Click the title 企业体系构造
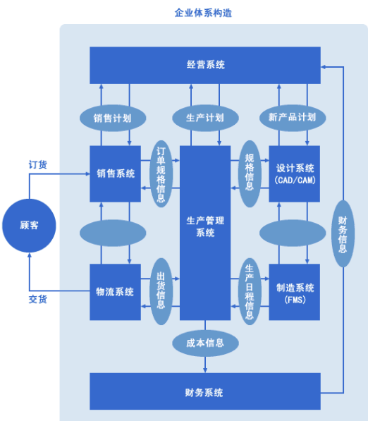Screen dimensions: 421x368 (x=204, y=13)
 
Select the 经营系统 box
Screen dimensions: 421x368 (x=205, y=65)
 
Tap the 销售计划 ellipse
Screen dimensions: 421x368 (x=113, y=117)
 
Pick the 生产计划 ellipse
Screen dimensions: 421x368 (x=205, y=117)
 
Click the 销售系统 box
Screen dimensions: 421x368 (x=116, y=173)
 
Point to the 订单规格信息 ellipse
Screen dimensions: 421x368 (x=161, y=174)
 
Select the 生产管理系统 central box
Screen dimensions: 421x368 (x=205, y=226)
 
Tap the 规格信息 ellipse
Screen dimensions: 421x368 (x=250, y=174)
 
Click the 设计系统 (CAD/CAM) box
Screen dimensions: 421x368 (x=295, y=173)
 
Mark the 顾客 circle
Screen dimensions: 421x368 (x=29, y=226)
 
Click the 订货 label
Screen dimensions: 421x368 (x=38, y=164)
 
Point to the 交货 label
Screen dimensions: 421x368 (x=38, y=299)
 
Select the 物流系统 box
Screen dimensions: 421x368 (x=116, y=292)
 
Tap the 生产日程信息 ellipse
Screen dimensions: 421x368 (x=250, y=291)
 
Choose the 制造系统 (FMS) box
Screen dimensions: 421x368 (x=295, y=292)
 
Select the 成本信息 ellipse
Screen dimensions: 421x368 (x=205, y=343)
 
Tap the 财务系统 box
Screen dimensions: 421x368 (x=205, y=392)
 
